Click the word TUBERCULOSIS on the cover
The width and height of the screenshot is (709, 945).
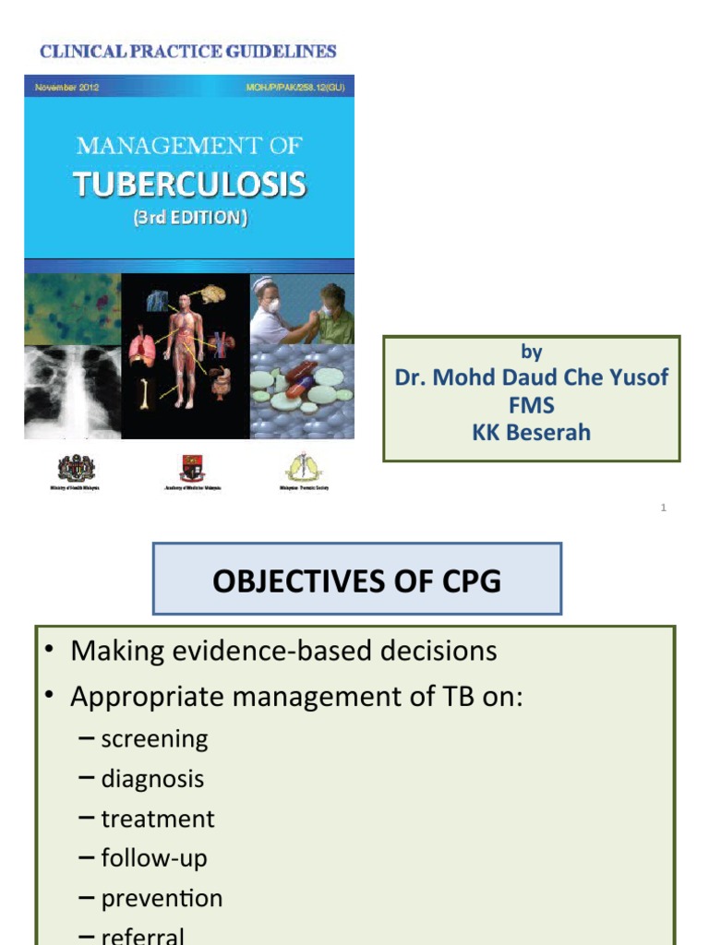[189, 185]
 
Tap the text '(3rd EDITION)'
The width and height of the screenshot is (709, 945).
[189, 221]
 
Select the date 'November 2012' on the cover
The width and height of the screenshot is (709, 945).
[66, 87]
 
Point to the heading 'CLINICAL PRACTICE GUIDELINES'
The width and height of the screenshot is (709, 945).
[187, 52]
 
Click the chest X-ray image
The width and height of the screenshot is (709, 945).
[73, 391]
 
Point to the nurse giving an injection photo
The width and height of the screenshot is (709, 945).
[302, 310]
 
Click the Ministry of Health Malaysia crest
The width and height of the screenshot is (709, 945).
[76, 469]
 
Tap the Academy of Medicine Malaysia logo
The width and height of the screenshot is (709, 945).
[191, 469]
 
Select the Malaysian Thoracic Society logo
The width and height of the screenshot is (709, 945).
[302, 468]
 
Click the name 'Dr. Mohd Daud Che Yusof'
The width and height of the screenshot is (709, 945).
[532, 377]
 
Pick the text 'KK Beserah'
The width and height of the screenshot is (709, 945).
[532, 432]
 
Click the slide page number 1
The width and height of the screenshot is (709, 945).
[664, 508]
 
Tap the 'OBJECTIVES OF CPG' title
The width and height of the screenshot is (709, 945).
[357, 580]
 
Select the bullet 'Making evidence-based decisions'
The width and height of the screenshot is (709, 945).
[283, 651]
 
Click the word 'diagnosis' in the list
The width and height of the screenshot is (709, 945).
[152, 779]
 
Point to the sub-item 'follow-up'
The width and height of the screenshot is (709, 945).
[154, 858]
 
